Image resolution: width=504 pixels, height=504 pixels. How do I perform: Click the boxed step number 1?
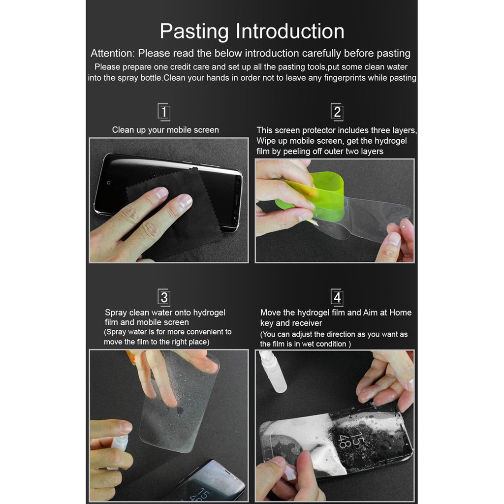(x=164, y=112)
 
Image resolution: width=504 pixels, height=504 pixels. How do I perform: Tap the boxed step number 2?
(x=337, y=112)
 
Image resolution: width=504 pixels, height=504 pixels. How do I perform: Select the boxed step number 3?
(x=164, y=297)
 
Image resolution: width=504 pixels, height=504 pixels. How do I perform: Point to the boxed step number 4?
(x=337, y=297)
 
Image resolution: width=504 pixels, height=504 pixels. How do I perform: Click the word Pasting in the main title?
(x=194, y=31)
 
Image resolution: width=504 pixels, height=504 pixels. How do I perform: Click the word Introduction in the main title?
(x=290, y=31)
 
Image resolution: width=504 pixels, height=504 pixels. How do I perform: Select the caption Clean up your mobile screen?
(x=165, y=130)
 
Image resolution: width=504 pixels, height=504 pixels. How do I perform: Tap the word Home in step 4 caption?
(x=400, y=313)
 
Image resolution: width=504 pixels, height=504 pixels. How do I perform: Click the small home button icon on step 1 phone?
(x=109, y=183)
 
